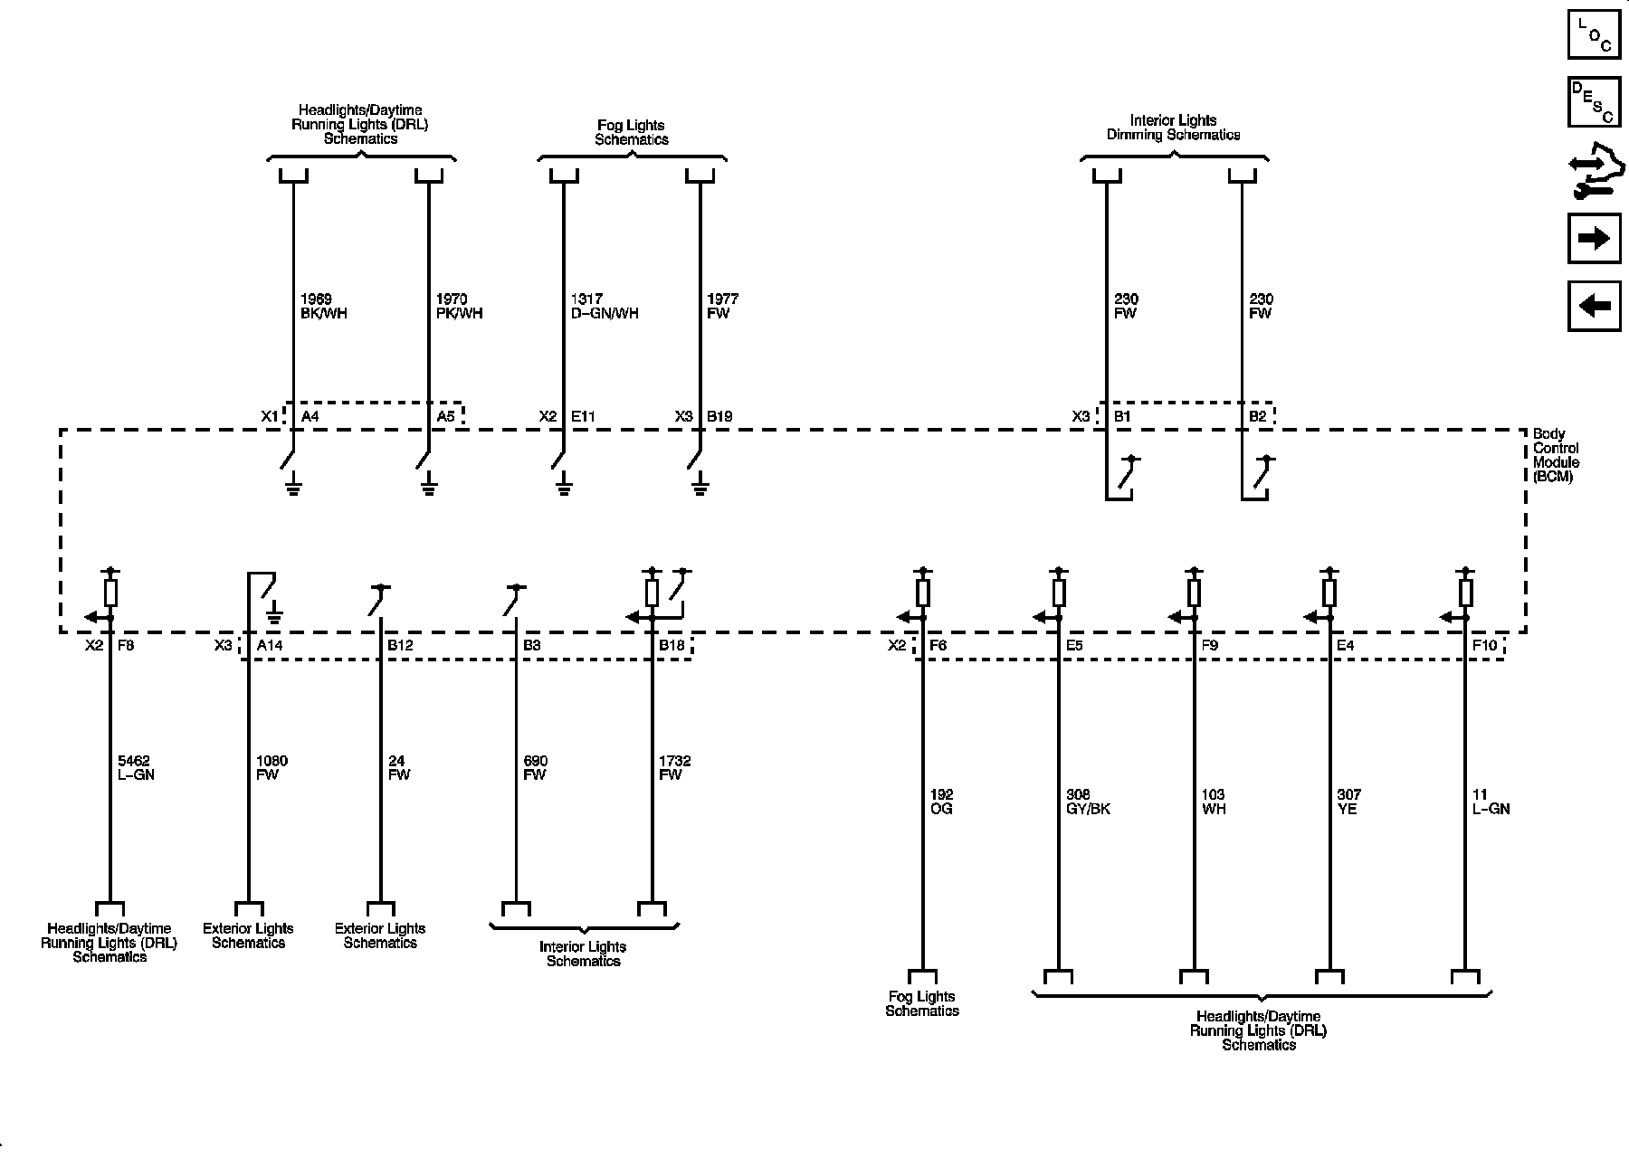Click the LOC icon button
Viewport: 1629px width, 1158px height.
(x=1594, y=33)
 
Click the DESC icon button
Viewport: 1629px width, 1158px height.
(x=1594, y=102)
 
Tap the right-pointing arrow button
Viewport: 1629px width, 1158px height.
(x=1594, y=238)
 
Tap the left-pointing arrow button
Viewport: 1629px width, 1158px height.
(x=1594, y=306)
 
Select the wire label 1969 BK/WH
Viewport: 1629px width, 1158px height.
(x=323, y=306)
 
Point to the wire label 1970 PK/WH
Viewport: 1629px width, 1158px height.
(x=459, y=306)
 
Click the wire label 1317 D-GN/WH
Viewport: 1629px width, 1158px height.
(x=605, y=306)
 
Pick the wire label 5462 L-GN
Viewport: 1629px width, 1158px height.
(x=136, y=768)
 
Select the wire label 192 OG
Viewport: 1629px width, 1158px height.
(x=941, y=802)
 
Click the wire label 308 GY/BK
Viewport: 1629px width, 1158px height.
(x=1088, y=802)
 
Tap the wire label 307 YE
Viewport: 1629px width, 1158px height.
(x=1348, y=802)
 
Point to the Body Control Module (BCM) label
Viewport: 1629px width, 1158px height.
(x=1556, y=455)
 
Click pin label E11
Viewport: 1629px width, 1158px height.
(x=583, y=417)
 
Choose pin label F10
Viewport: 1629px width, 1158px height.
(x=1485, y=646)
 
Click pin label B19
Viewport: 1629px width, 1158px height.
(x=719, y=417)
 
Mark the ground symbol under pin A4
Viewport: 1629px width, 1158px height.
(x=292, y=489)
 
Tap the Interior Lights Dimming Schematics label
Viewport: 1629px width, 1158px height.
(x=1174, y=128)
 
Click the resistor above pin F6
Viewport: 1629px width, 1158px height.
(x=922, y=593)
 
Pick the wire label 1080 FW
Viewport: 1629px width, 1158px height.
(x=271, y=768)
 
